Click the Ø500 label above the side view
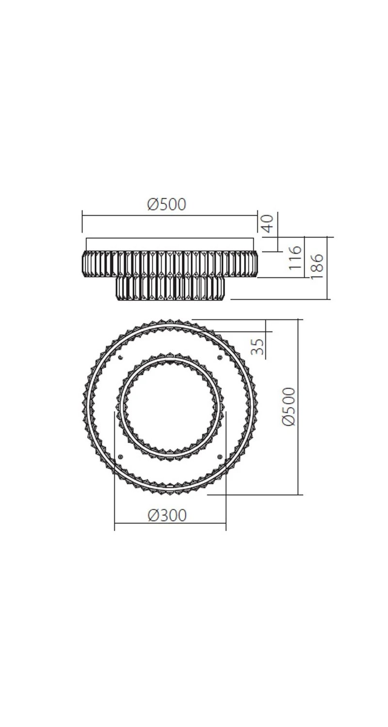point(166,205)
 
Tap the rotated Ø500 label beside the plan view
point(289,406)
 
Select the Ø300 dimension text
point(167,515)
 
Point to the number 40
point(268,223)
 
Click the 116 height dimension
point(295,258)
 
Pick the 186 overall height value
point(317,266)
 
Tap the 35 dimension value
point(258,347)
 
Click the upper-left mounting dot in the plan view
point(121,357)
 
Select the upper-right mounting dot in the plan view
point(220,357)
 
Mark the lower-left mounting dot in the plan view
point(121,456)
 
